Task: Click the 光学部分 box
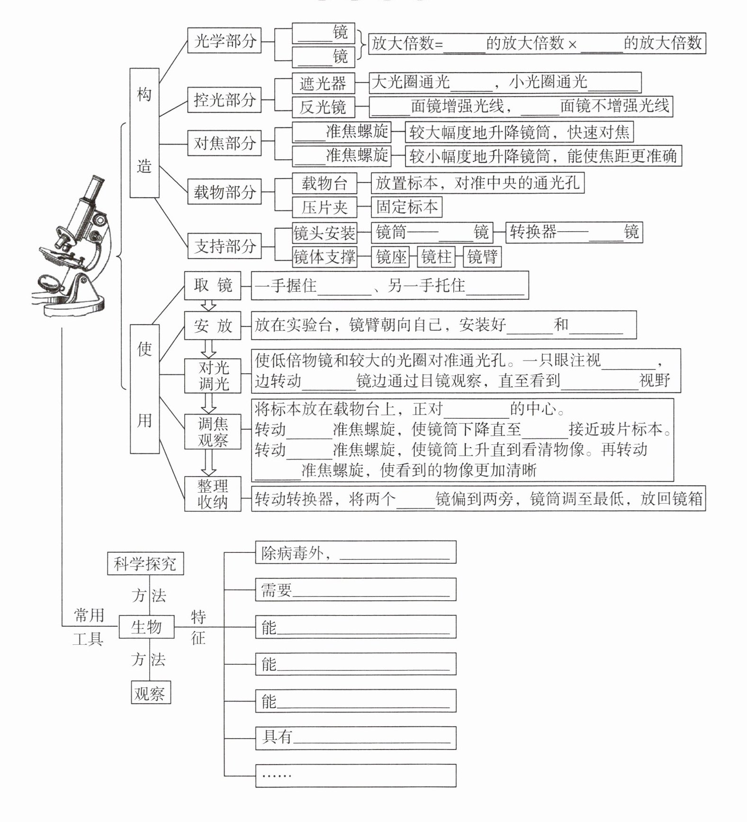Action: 224,41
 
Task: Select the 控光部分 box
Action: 224,100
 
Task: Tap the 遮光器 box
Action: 323,83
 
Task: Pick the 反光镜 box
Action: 323,107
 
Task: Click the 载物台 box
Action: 324,183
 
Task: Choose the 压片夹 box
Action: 324,207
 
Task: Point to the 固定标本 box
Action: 406,207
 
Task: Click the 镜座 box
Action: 391,256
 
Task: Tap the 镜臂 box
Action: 482,256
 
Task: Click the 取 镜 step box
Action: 213,286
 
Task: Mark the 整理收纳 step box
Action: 213,494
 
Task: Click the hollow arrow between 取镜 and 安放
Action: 208,305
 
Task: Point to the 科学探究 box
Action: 145,563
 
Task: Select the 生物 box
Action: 146,627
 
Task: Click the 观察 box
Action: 150,693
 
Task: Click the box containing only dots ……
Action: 355,775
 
